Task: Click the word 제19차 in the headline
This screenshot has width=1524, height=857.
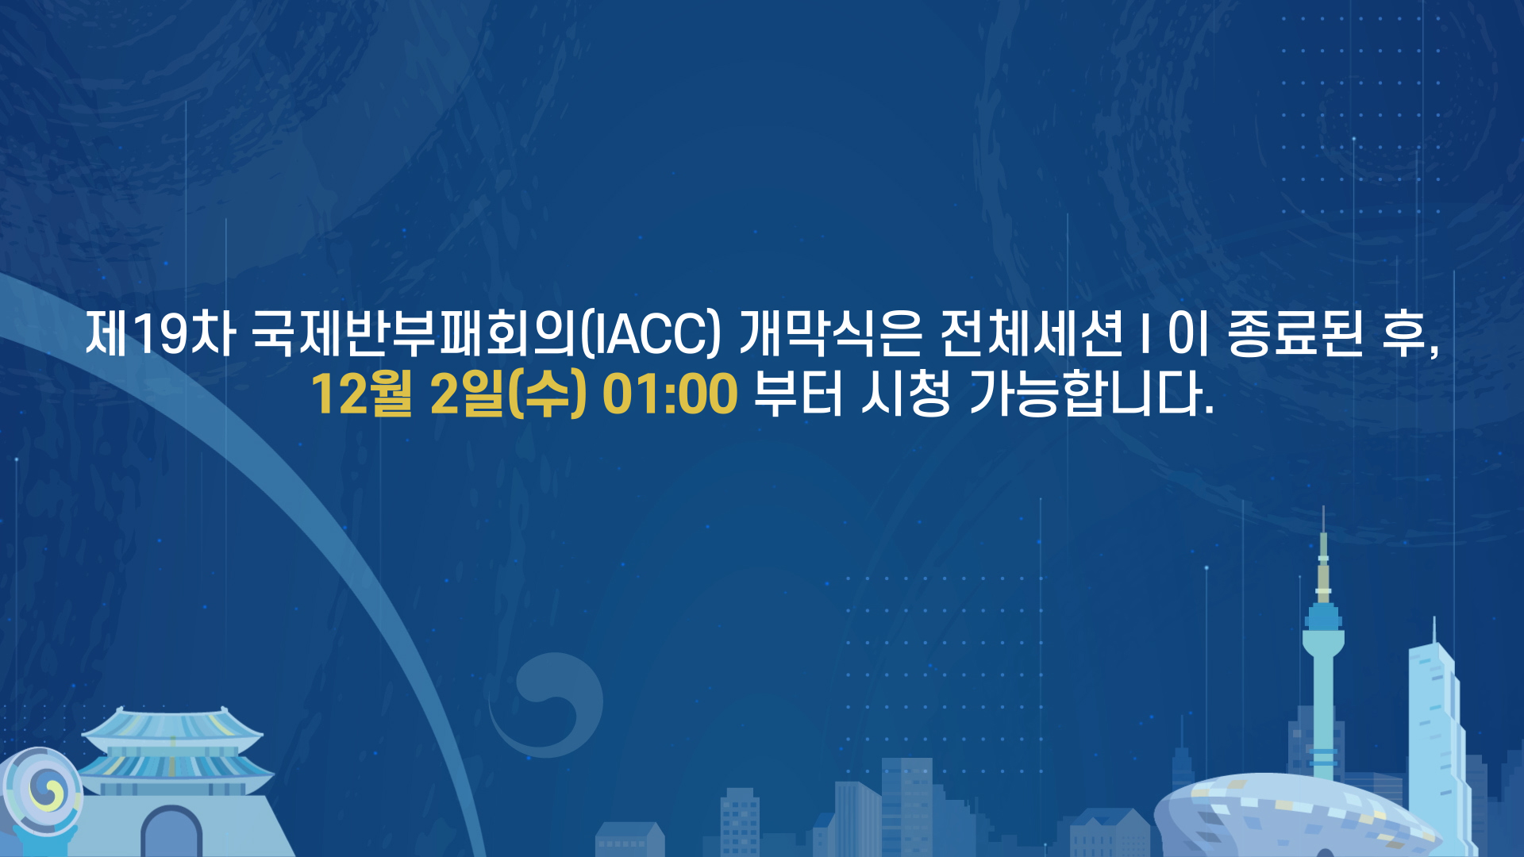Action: click(160, 334)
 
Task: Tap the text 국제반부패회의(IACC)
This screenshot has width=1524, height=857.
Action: click(486, 334)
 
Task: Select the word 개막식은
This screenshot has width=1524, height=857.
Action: click(830, 334)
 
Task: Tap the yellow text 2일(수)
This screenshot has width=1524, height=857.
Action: click(508, 394)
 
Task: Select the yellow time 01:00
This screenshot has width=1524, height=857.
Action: click(670, 394)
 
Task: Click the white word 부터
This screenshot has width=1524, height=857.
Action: click(798, 394)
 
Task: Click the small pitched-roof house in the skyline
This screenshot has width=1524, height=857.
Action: click(630, 840)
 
